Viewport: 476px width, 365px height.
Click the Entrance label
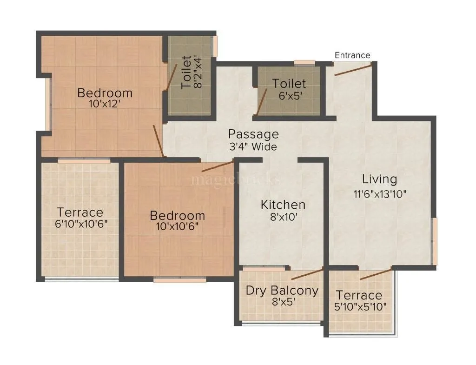[x=352, y=55]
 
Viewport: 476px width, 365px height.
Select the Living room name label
[x=380, y=179]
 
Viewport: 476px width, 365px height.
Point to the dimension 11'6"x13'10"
[x=380, y=194]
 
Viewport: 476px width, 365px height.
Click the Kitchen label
[x=283, y=205]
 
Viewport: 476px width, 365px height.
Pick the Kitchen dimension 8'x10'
[x=283, y=217]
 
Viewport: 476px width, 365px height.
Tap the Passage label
[x=253, y=134]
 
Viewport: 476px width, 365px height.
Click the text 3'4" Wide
[x=253, y=147]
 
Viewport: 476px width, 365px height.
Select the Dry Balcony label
[x=282, y=291]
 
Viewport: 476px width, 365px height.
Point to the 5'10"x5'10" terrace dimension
[x=359, y=307]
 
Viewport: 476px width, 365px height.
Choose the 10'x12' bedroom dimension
[x=105, y=105]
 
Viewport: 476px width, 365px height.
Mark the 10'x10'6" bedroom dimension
[x=177, y=227]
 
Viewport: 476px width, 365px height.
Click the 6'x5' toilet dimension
[x=289, y=96]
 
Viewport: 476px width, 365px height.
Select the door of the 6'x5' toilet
[x=262, y=102]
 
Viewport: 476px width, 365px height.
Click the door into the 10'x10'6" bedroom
[x=217, y=167]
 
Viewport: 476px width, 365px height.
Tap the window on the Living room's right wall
[x=434, y=242]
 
